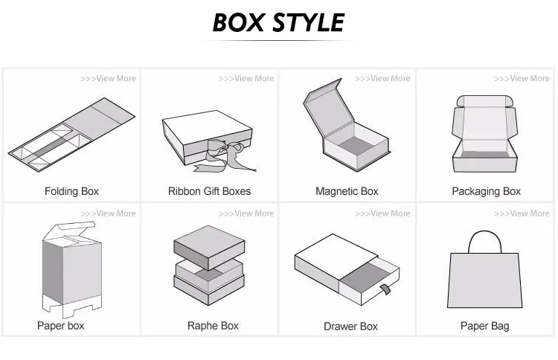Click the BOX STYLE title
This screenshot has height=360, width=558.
278,22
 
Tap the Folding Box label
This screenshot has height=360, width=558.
71,191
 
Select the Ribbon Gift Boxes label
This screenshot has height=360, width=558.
209,191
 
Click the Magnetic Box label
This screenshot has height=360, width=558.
347,191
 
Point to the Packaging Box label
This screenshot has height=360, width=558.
487,191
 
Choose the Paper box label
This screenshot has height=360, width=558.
61,325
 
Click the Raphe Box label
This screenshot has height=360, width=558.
213,326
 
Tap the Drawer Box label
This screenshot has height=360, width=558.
351,326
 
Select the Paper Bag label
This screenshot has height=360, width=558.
485,326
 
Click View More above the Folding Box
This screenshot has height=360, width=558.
109,78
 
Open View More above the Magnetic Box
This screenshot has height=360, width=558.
383,78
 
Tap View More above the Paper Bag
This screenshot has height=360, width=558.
522,213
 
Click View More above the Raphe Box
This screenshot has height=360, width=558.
246,213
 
